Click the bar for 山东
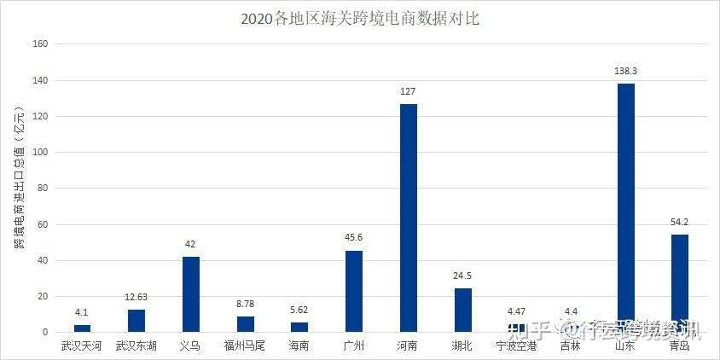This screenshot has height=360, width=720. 625,207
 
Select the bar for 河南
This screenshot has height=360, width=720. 409,218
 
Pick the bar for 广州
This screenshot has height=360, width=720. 354,291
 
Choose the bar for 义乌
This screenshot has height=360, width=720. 191,294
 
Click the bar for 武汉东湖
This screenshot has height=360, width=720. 136,321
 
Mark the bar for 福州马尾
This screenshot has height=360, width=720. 246,324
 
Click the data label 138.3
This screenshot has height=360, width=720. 625,72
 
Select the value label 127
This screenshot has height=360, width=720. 409,92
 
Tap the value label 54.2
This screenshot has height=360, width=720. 680,223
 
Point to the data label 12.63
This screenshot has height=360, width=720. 136,298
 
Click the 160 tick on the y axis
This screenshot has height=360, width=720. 41,44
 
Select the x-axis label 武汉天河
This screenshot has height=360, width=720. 82,346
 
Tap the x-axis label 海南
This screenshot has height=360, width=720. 299,346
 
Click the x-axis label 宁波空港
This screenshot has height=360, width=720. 517,346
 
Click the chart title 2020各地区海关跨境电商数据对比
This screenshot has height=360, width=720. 360,18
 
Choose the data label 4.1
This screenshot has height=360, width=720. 82,313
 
